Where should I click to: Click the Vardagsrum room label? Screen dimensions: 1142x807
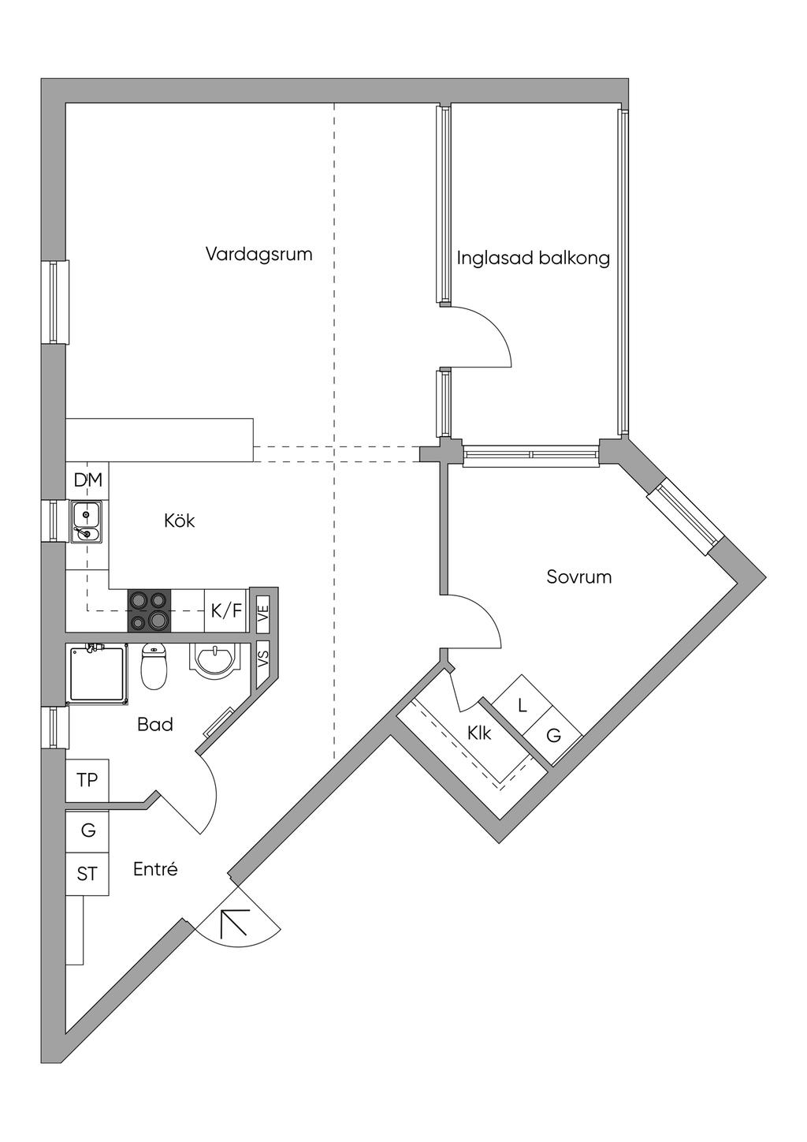[x=258, y=254]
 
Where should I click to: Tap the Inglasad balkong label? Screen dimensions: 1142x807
[x=534, y=258]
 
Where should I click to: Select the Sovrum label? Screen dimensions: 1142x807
[x=579, y=577]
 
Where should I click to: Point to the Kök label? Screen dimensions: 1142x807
[x=180, y=521]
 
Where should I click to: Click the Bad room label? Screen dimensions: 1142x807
[x=155, y=724]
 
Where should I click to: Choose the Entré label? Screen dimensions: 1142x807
[x=156, y=869]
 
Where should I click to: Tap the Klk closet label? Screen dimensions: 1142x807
[x=479, y=733]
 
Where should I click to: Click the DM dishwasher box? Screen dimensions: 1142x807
[x=87, y=480]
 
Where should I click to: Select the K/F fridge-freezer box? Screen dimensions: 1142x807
[x=226, y=610]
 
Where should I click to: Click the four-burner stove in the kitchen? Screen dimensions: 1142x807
[x=150, y=610]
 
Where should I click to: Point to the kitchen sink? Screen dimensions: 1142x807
[x=86, y=522]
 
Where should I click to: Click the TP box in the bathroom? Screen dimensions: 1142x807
[x=87, y=780]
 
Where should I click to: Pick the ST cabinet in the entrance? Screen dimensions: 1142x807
[x=87, y=874]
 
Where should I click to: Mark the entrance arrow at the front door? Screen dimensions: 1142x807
[x=234, y=922]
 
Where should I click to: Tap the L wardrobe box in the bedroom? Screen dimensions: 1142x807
[x=522, y=704]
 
